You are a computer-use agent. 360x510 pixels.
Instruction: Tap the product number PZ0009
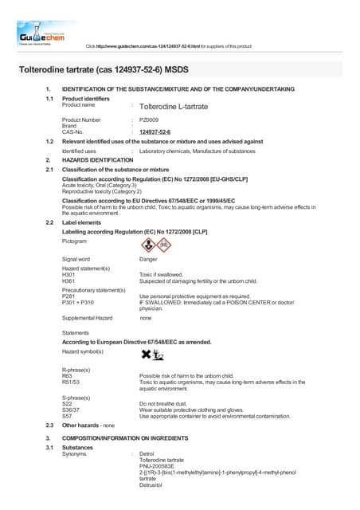tap(149, 120)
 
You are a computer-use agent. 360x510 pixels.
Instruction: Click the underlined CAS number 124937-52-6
tap(155, 132)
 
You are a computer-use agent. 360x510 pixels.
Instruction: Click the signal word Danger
tap(148, 260)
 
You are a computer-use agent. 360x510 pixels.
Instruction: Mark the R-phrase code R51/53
tap(72, 382)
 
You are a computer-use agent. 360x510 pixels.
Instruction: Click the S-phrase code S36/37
tap(72, 410)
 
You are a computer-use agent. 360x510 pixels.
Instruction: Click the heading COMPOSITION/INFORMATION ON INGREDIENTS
tap(138, 440)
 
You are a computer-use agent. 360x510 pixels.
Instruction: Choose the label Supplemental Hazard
tap(87, 318)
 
